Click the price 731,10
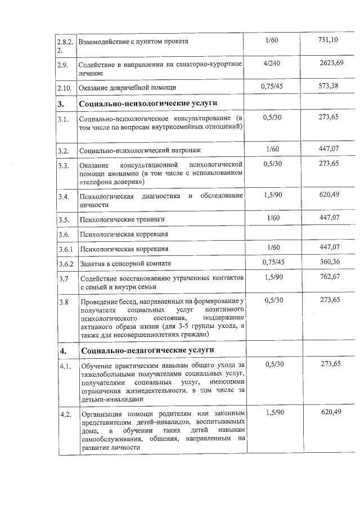[328, 40]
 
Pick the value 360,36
[329, 263]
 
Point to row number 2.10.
[65, 88]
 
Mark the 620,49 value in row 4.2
[331, 413]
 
